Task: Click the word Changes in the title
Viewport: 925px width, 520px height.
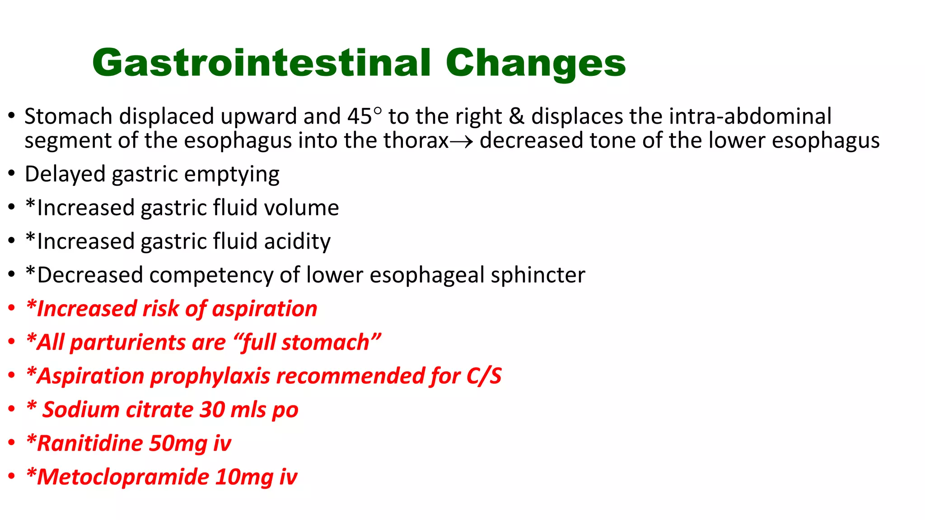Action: (x=535, y=63)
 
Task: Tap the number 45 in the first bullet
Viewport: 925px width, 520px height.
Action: (x=360, y=116)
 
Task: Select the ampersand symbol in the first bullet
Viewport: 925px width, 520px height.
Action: (x=516, y=116)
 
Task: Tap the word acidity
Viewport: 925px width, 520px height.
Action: (x=297, y=241)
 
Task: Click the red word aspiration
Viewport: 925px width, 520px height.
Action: (x=265, y=309)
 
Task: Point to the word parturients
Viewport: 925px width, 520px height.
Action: (x=128, y=343)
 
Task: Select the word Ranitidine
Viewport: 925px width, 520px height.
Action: (x=89, y=443)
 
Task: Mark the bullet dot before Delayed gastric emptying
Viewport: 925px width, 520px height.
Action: (x=12, y=174)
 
